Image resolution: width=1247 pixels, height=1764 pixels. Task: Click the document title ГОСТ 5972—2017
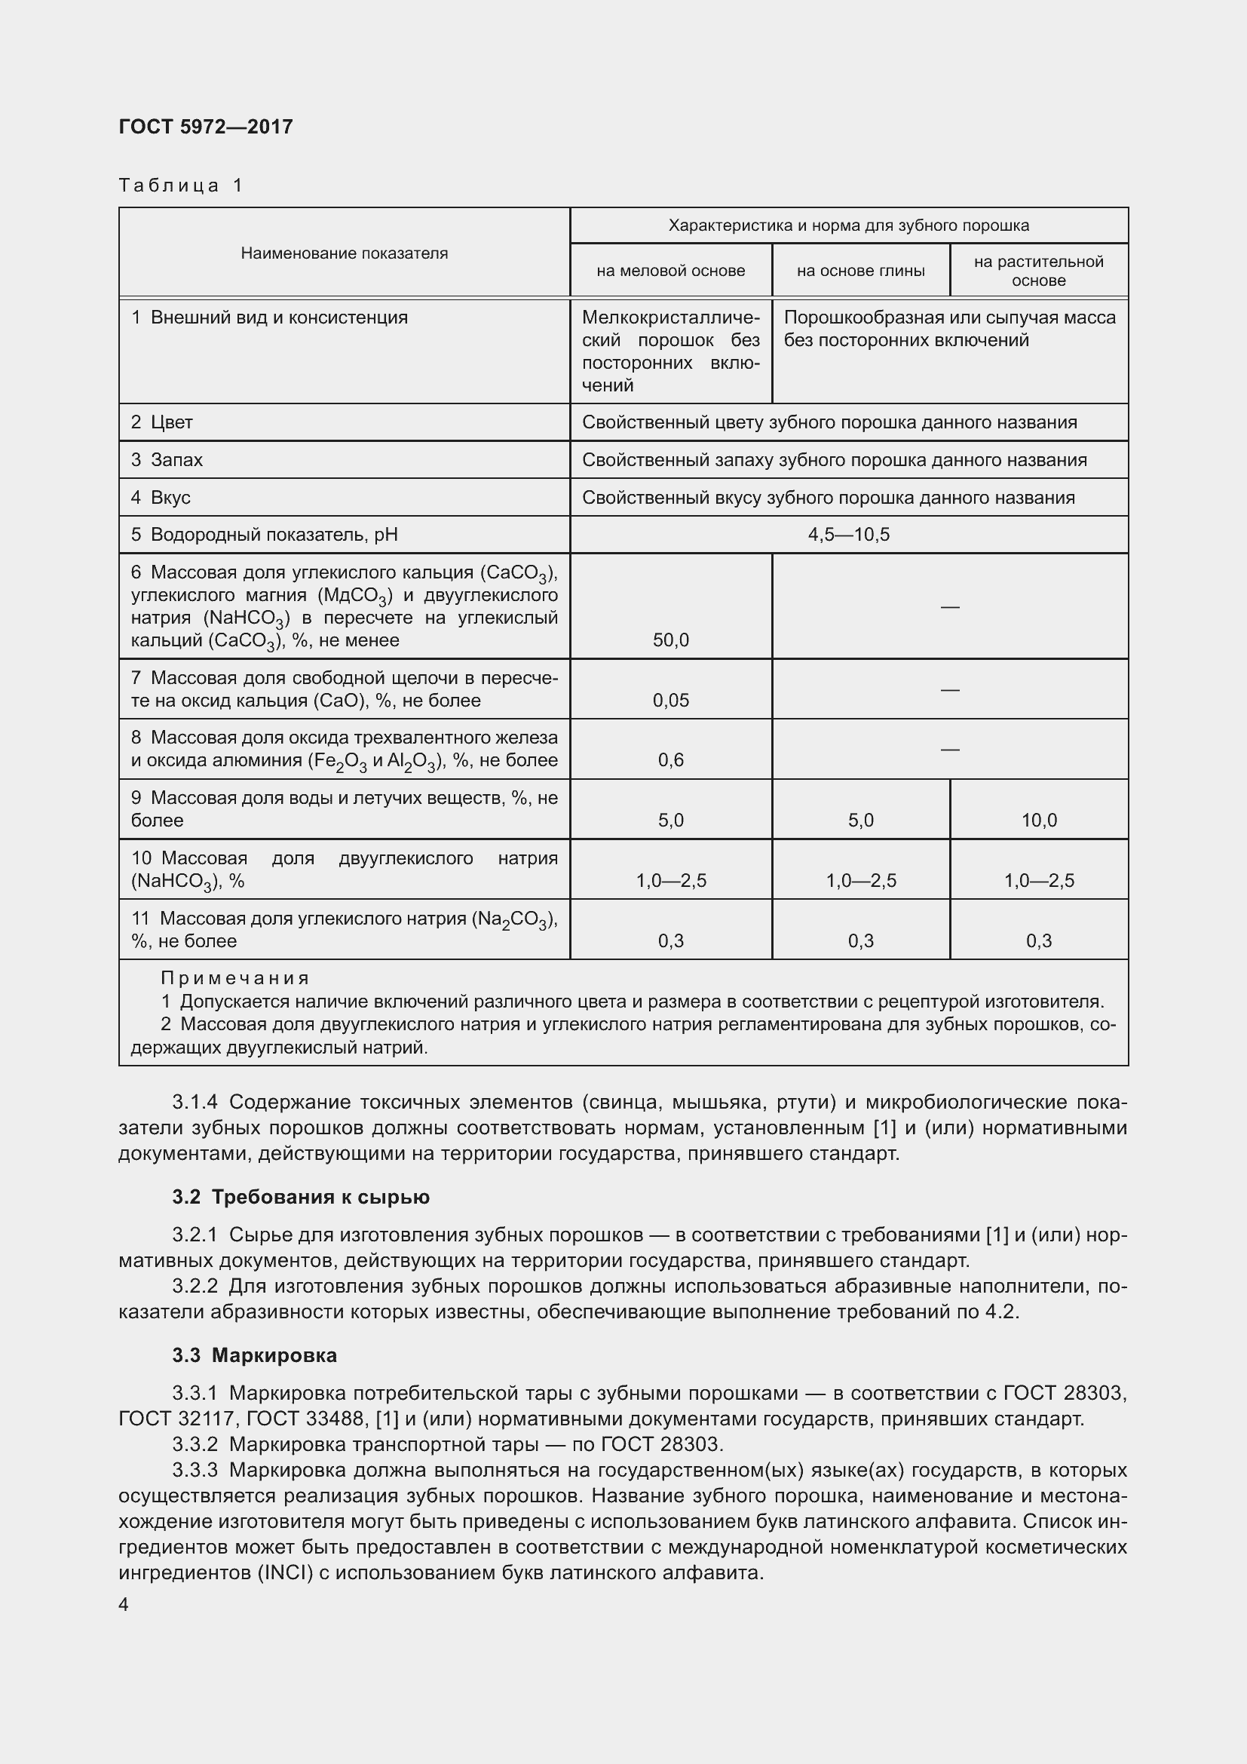tap(206, 127)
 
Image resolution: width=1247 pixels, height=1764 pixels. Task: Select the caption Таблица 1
tap(181, 186)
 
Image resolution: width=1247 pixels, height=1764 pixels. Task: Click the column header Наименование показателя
tap(344, 253)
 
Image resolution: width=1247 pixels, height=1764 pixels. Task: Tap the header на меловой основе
tap(670, 271)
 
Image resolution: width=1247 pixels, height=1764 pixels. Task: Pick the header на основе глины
tap(860, 271)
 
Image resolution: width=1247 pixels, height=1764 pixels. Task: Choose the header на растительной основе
tap(1038, 271)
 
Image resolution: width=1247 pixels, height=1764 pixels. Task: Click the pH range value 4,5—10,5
tap(848, 535)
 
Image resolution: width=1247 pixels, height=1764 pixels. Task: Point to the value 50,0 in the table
tap(670, 640)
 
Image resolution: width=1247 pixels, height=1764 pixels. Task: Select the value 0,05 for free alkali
tap(670, 700)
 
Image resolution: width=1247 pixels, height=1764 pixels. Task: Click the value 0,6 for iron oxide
tap(670, 760)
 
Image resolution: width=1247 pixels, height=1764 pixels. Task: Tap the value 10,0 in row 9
tap(1038, 821)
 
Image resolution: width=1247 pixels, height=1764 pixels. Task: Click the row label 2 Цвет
tap(162, 422)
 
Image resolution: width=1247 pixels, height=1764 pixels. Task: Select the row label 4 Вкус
tap(161, 498)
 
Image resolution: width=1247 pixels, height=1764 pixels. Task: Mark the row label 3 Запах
tap(167, 460)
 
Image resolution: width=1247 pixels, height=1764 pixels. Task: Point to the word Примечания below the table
tap(235, 978)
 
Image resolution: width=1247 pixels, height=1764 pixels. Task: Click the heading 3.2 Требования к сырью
tap(301, 1197)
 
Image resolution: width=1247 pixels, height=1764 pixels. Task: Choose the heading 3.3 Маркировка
tap(254, 1354)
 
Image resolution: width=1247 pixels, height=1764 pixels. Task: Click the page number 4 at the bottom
tap(124, 1604)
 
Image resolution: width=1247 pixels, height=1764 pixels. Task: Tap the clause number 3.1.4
tap(195, 1103)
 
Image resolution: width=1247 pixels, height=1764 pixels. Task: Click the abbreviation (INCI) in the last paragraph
tap(284, 1572)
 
